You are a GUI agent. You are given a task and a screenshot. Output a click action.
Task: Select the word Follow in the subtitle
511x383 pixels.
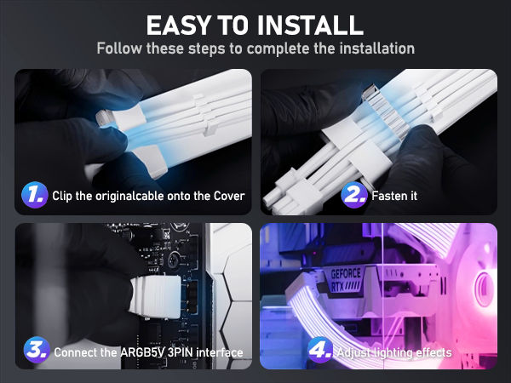[x=119, y=49]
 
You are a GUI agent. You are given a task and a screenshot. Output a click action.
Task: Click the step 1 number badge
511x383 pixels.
[x=33, y=196]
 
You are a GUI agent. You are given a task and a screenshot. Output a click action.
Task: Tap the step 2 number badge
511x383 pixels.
[x=354, y=196]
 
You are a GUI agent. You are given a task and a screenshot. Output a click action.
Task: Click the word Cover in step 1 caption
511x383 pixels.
[x=227, y=197]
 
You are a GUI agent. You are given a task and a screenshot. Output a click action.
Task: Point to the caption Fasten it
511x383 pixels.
[x=394, y=197]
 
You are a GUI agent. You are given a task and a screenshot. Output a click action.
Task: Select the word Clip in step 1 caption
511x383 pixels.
[x=63, y=197]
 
